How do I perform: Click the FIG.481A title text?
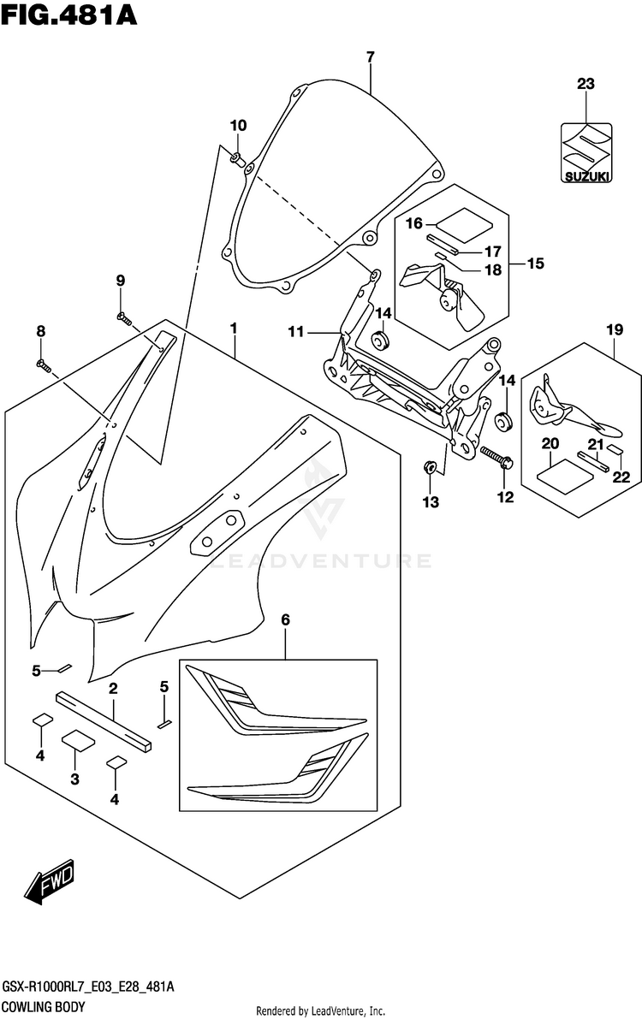[x=69, y=15]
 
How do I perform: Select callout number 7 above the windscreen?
[x=370, y=57]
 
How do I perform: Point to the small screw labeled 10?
[x=237, y=157]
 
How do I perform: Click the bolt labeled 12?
[x=497, y=456]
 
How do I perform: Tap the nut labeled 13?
[x=430, y=466]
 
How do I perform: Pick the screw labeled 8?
[x=45, y=366]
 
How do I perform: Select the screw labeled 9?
[x=123, y=318]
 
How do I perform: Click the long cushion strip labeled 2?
[x=104, y=721]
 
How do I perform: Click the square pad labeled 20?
[x=565, y=471]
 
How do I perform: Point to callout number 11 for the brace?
[x=296, y=332]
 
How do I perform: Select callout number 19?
[x=615, y=329]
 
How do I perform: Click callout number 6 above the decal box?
[x=286, y=620]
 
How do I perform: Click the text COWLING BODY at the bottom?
[x=44, y=1007]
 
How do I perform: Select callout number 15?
[x=535, y=264]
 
